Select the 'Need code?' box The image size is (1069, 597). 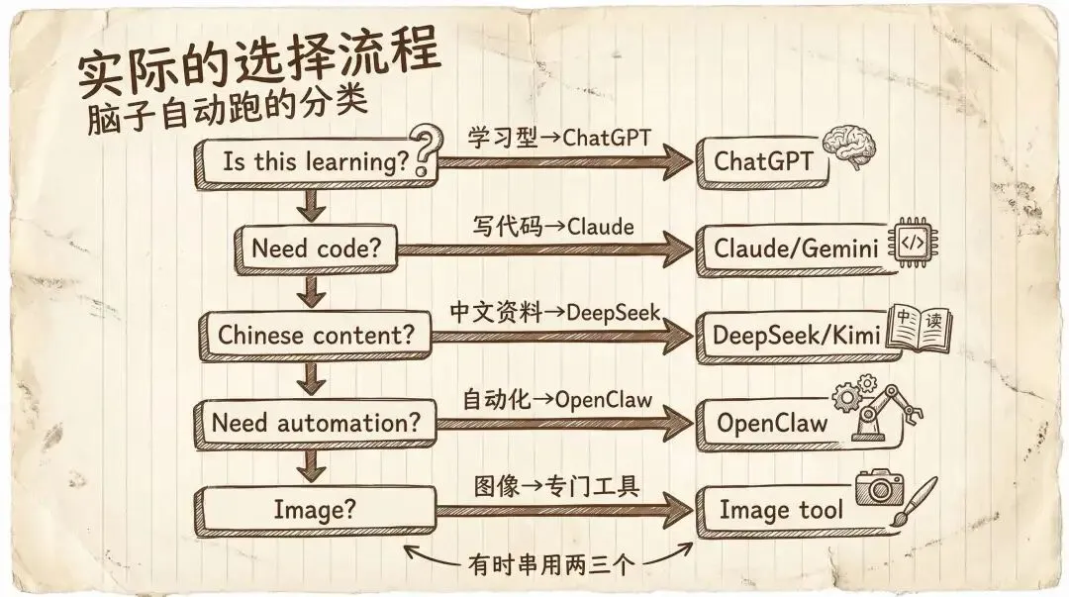point(315,248)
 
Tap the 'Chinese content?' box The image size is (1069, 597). point(316,335)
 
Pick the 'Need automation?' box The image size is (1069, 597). point(316,423)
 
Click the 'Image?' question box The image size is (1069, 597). point(315,510)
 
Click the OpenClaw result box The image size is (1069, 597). point(772,423)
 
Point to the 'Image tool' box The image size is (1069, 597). point(780,510)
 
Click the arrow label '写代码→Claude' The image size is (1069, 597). point(552,227)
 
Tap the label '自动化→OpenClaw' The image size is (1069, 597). point(558,400)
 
